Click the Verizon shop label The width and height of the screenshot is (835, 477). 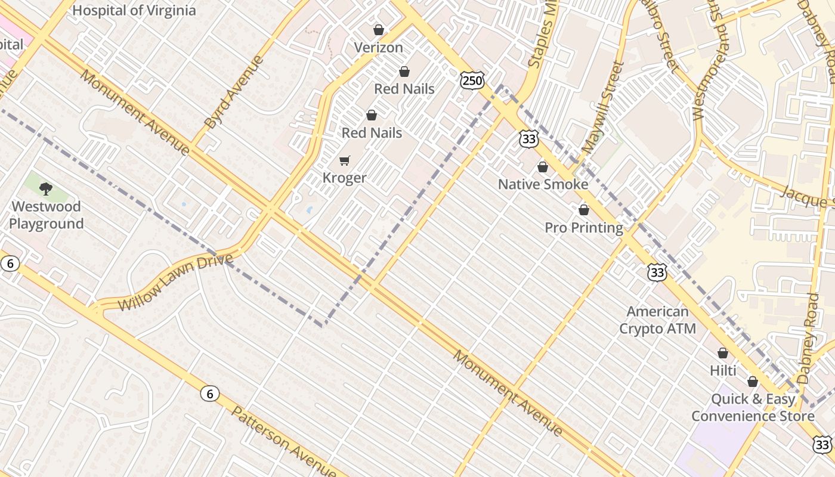tap(378, 48)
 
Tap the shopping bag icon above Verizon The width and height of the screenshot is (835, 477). tap(378, 30)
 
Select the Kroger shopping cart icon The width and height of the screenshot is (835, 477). tap(344, 160)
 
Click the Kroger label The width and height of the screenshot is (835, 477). tap(344, 178)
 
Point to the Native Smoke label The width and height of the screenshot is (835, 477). tap(543, 184)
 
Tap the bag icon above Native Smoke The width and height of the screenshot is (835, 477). tap(542, 167)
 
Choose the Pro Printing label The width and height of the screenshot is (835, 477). tap(584, 228)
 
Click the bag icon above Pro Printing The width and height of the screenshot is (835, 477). tap(584, 210)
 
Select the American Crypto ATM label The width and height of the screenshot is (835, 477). tap(657, 320)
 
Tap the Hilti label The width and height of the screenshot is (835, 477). tap(723, 371)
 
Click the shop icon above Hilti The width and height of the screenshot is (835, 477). tap(723, 353)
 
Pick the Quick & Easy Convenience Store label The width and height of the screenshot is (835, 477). tap(753, 408)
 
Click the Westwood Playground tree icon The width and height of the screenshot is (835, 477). tap(46, 189)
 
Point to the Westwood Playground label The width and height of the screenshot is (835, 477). tap(46, 215)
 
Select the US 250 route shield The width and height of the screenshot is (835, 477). tap(472, 80)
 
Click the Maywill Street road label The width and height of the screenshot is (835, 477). tap(605, 107)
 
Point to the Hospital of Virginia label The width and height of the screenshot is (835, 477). tap(134, 10)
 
